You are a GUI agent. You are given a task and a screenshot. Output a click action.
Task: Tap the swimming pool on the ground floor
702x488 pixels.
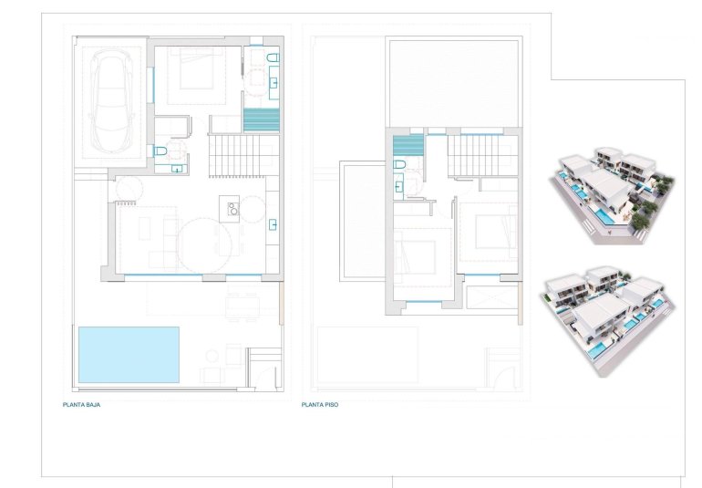129,354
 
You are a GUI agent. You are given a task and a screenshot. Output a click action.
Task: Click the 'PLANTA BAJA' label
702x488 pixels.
81,403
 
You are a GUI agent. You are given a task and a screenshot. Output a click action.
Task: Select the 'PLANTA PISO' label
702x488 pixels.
320,403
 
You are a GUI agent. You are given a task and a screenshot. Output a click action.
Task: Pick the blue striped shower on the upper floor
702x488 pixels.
408,144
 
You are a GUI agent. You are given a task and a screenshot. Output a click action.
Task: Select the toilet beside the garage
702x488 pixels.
160,151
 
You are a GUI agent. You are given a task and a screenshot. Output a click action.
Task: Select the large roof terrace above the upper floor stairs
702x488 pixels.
453,82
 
